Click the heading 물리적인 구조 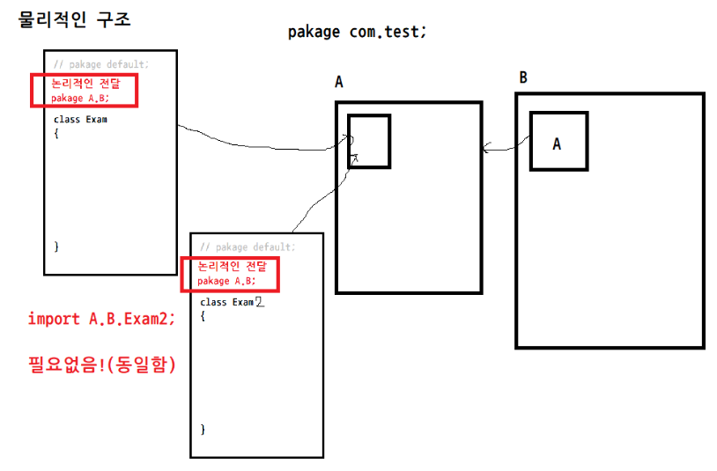click(x=75, y=18)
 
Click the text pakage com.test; click(x=357, y=32)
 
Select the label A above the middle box click(x=339, y=83)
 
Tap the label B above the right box click(x=523, y=77)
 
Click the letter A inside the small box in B click(x=557, y=144)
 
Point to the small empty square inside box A click(x=368, y=140)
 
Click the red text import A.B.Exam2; click(x=101, y=319)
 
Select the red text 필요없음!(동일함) click(x=101, y=364)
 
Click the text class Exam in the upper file click(x=80, y=119)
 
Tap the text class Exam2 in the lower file click(x=232, y=302)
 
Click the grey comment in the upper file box click(x=100, y=64)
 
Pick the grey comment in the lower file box click(x=248, y=247)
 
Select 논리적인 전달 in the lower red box click(x=232, y=266)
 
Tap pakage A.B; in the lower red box click(x=226, y=281)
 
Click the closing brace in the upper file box click(x=56, y=247)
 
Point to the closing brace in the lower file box click(x=203, y=429)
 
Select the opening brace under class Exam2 click(x=203, y=314)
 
